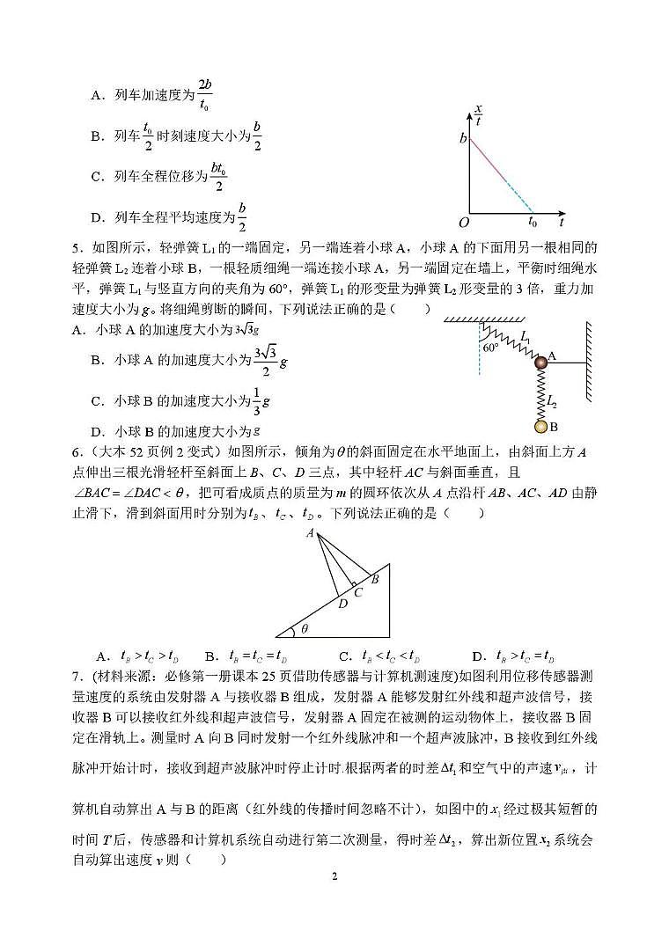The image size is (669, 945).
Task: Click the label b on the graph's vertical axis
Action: [x=462, y=139]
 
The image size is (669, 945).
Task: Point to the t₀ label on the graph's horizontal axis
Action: [x=533, y=223]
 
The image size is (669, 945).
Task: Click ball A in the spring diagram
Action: [x=540, y=360]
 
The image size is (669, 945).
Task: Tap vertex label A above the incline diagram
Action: [x=310, y=533]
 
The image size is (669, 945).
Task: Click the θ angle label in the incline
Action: [x=305, y=629]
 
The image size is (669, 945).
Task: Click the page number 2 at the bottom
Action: [x=334, y=877]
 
